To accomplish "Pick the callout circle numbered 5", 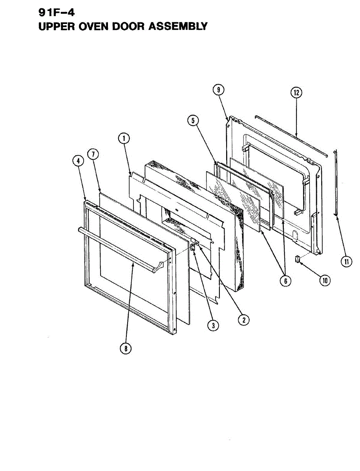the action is point(192,120).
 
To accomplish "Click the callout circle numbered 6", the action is point(285,281).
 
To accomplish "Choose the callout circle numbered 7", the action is point(93,154).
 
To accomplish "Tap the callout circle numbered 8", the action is point(125,348).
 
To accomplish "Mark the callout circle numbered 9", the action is point(218,90).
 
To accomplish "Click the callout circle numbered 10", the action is point(325,280).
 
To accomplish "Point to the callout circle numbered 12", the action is point(296,93).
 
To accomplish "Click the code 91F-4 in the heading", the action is point(57,12).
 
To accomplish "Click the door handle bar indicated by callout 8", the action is point(118,247).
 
